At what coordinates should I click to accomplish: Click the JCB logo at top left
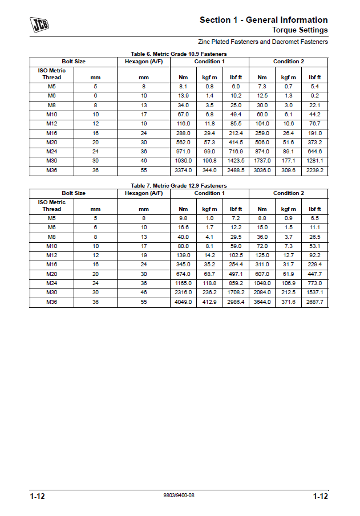tap(39, 25)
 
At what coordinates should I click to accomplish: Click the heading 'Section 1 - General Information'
tap(264, 20)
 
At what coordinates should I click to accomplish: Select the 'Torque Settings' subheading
tap(300, 30)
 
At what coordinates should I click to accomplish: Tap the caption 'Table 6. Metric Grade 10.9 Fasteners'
tap(179, 54)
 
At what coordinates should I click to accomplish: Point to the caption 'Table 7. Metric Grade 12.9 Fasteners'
tap(179, 186)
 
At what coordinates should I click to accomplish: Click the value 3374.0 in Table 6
tap(183, 170)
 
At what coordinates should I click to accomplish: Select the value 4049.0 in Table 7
tap(183, 302)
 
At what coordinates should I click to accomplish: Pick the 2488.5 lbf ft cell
tap(236, 170)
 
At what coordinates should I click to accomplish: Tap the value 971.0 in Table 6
tap(183, 152)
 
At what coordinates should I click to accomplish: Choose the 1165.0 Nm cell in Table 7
tap(183, 283)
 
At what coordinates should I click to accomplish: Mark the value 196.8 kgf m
tap(209, 161)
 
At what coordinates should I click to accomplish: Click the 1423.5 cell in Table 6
tap(236, 161)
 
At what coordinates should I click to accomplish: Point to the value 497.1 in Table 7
tap(236, 274)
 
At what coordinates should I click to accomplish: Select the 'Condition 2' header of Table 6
tap(288, 62)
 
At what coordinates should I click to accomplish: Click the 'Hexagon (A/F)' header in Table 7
tap(144, 193)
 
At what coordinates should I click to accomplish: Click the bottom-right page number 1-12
tap(320, 497)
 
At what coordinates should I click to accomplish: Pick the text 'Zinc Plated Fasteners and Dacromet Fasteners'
tap(263, 42)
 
